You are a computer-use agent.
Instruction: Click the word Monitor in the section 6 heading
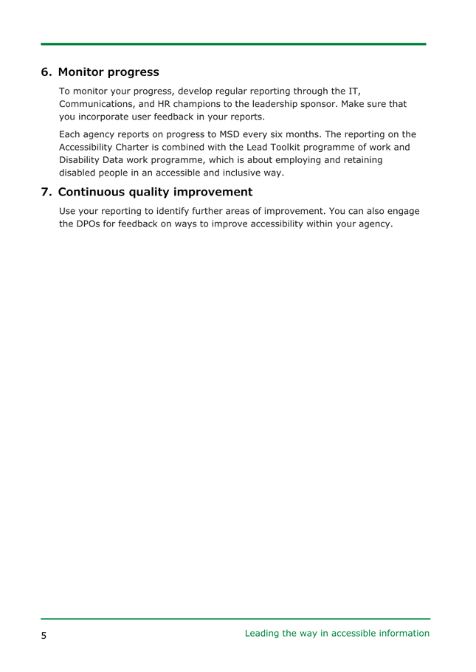[82, 72]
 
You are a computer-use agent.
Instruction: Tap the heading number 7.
[46, 193]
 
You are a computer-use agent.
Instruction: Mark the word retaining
[362, 160]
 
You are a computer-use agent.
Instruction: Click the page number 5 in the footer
[44, 635]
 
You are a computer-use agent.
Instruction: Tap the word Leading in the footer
[262, 633]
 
